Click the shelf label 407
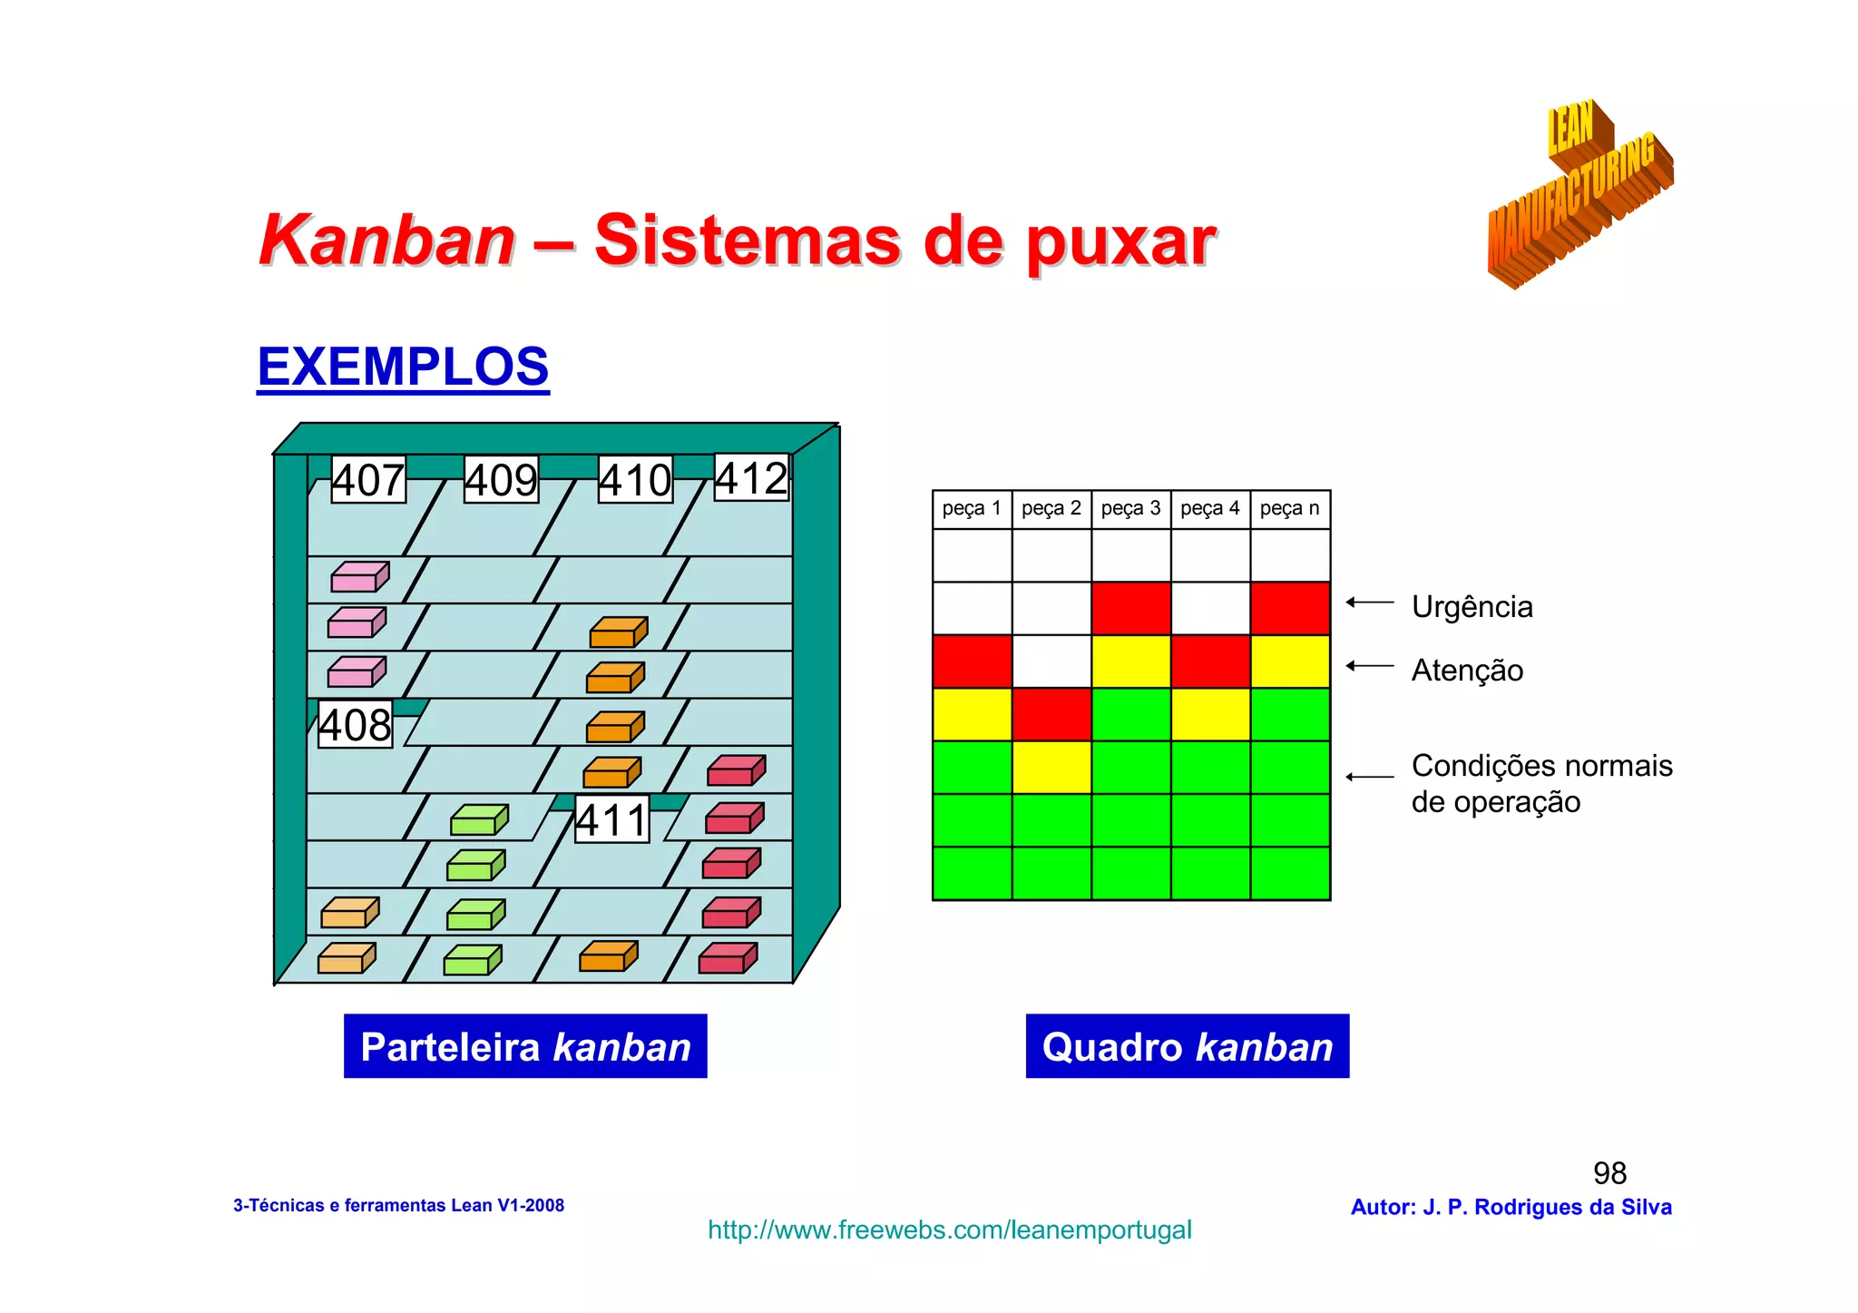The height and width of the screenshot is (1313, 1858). (368, 480)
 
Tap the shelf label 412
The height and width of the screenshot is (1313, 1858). (752, 478)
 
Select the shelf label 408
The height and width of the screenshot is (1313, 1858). (355, 725)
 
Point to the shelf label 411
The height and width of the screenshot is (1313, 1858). (612, 820)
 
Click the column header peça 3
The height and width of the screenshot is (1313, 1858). (1130, 509)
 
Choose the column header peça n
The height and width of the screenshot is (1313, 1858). (1289, 509)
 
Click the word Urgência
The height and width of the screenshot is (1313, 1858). (1472, 607)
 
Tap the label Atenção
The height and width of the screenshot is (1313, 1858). (1467, 671)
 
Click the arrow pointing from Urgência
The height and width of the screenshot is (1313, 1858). (1370, 603)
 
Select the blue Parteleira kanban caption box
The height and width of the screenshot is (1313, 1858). (525, 1046)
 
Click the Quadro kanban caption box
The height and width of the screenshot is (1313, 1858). (1187, 1046)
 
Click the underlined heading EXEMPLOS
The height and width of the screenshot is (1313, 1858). (403, 367)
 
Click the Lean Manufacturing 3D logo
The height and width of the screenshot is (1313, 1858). (1579, 195)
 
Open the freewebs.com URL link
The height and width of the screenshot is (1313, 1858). (949, 1230)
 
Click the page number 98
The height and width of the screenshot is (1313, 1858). (1609, 1173)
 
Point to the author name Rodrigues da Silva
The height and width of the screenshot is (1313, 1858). (1572, 1208)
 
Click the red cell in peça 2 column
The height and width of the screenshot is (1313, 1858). (1051, 714)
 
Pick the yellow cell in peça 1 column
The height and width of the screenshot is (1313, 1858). (972, 714)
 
